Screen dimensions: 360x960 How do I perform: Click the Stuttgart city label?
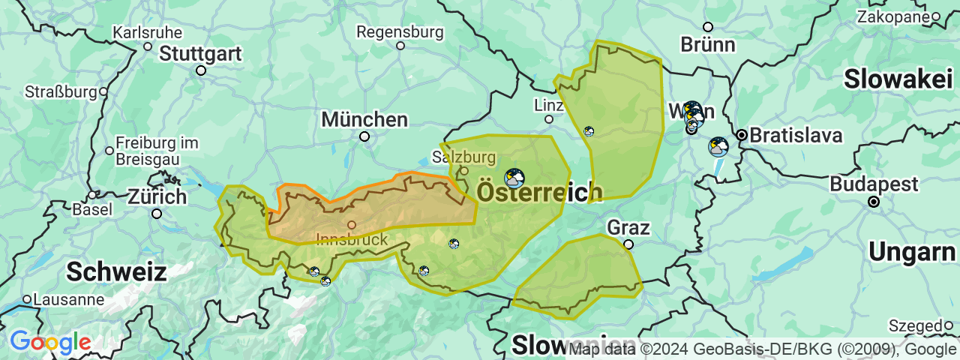[x=200, y=54]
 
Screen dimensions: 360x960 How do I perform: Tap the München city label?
[x=364, y=119]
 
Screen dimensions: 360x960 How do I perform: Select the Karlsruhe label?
[x=147, y=33]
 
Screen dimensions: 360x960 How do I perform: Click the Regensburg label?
[x=400, y=32]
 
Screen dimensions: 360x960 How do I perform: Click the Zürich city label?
[x=157, y=197]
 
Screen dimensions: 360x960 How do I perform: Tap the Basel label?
[x=92, y=209]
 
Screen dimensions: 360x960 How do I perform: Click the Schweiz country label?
[x=116, y=271]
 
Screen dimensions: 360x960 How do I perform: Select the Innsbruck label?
[x=352, y=239]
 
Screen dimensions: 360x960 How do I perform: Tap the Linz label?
[x=548, y=105]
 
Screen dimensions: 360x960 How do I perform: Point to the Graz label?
[x=628, y=227]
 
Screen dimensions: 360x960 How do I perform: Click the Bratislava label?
[x=796, y=136]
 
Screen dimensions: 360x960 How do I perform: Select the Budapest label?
[x=874, y=184]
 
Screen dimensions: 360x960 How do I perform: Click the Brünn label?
[x=708, y=44]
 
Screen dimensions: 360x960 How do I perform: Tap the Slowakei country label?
[x=898, y=79]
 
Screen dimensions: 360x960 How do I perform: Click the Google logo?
[x=50, y=343]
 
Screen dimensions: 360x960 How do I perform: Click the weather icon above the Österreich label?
[x=514, y=178]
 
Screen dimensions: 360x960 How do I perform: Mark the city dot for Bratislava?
[x=742, y=135]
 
